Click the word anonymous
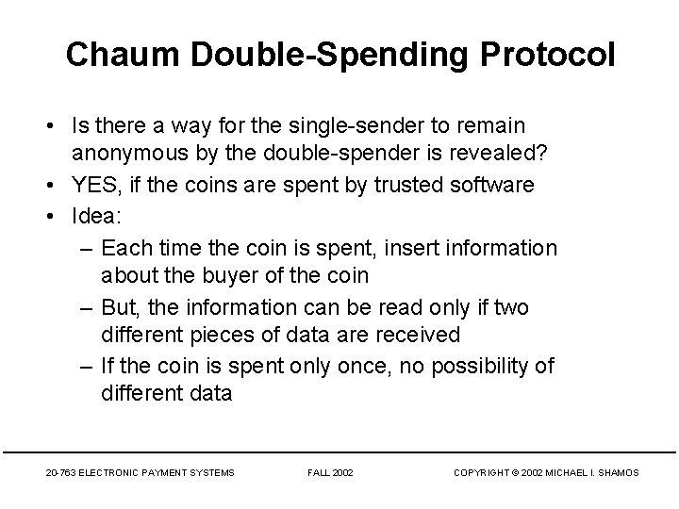coord(145,152)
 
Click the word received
coord(414,334)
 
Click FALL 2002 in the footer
coord(330,471)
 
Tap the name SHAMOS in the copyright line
coord(617,471)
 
